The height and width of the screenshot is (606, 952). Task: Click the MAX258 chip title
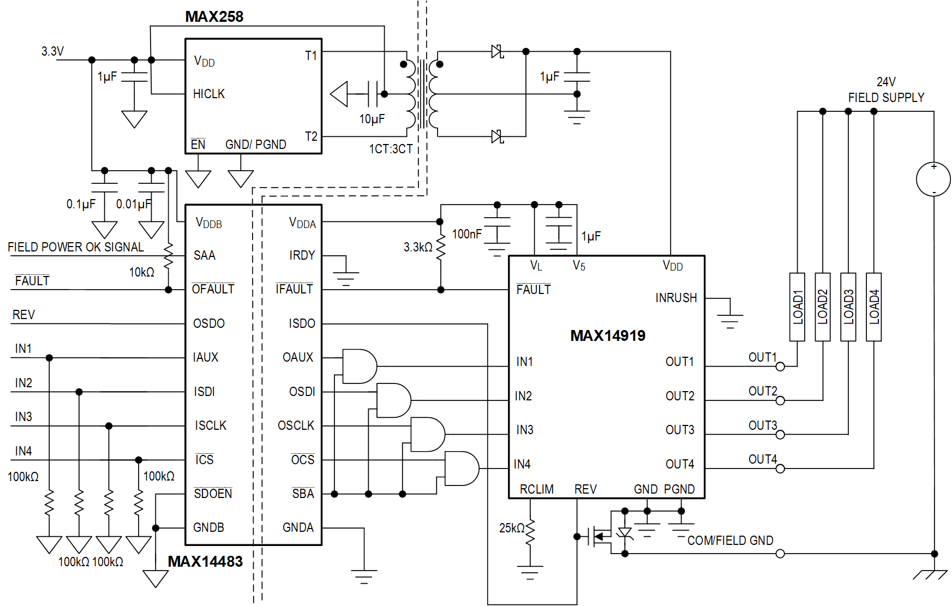point(214,16)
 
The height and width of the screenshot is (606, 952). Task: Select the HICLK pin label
point(208,94)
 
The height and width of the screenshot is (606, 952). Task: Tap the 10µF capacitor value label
point(372,119)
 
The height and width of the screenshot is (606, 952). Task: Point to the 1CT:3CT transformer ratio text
point(391,149)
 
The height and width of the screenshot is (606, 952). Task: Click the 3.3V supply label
point(52,51)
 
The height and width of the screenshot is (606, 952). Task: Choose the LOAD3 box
point(848,307)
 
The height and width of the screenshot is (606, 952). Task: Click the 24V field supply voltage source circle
point(933,179)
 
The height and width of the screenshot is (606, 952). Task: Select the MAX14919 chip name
point(607,335)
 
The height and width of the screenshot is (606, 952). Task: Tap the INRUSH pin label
point(676,298)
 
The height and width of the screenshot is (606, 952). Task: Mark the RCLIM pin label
point(536,489)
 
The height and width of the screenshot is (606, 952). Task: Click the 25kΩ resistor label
point(511,528)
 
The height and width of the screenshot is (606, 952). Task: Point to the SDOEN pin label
point(213,494)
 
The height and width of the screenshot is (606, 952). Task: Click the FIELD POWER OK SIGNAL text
point(75,247)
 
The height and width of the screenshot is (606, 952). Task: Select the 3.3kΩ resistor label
point(417,247)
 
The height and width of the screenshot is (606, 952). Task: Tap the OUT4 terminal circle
point(780,469)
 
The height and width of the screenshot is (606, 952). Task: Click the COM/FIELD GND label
point(730,541)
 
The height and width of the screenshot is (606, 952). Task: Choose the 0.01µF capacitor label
point(133,204)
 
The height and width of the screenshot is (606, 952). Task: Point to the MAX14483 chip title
point(205,561)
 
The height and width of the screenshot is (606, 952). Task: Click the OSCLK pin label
point(296,425)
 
